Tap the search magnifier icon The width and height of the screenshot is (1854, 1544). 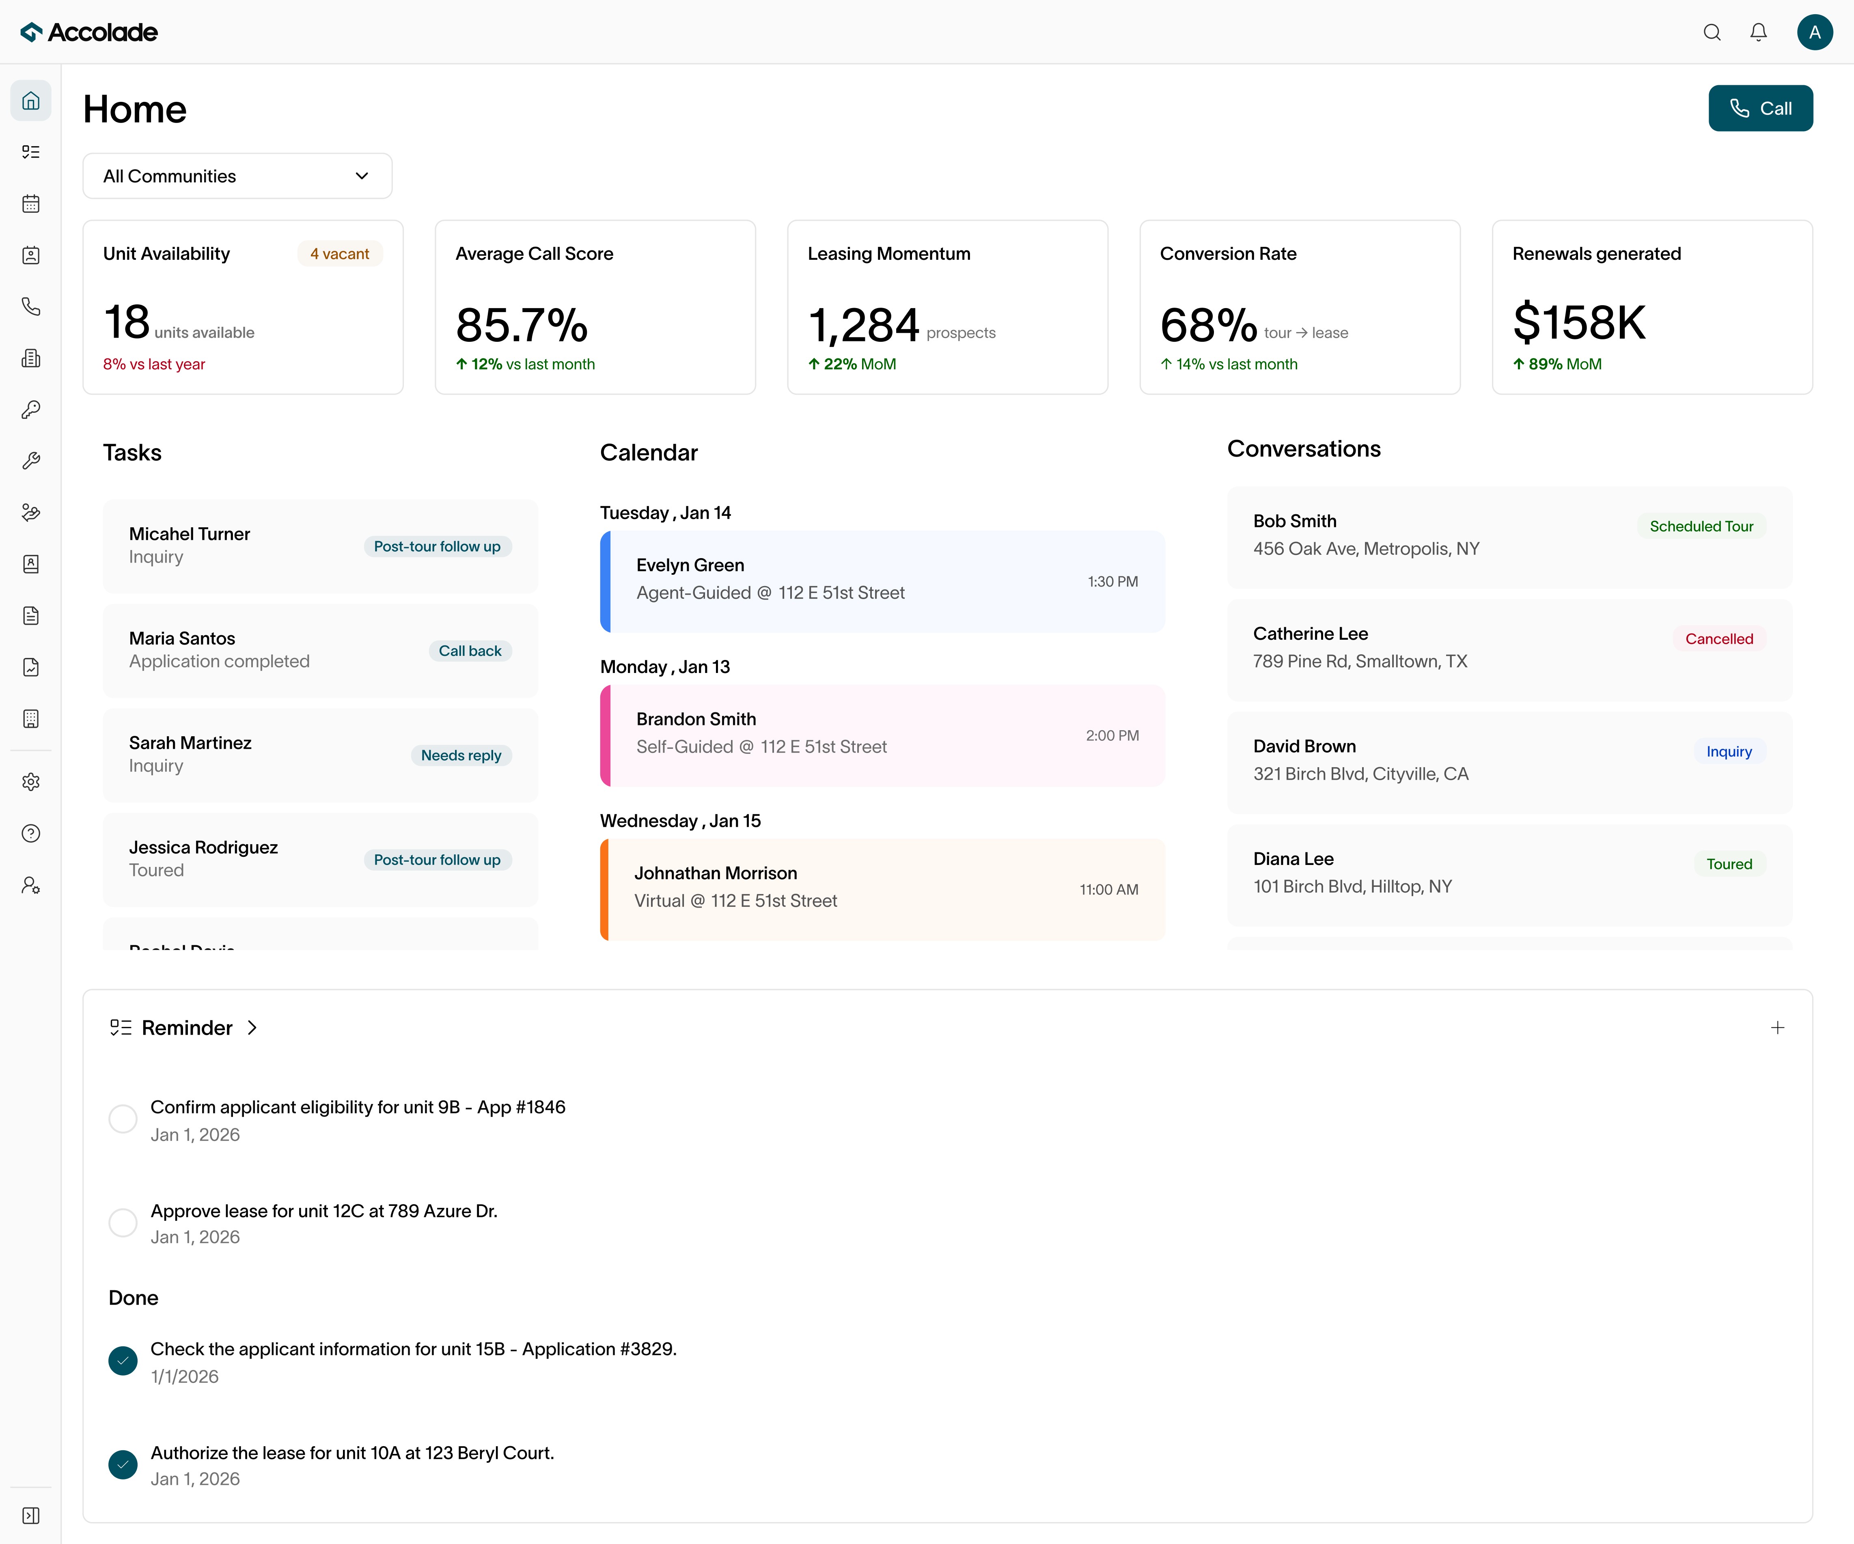(x=1711, y=32)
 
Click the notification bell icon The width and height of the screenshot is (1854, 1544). (x=1758, y=32)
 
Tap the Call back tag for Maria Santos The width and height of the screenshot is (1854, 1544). (x=470, y=651)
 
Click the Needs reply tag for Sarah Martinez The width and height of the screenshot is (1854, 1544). (x=461, y=756)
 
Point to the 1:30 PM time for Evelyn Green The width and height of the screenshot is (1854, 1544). (x=1112, y=582)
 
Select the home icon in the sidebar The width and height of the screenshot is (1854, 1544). (x=31, y=101)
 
